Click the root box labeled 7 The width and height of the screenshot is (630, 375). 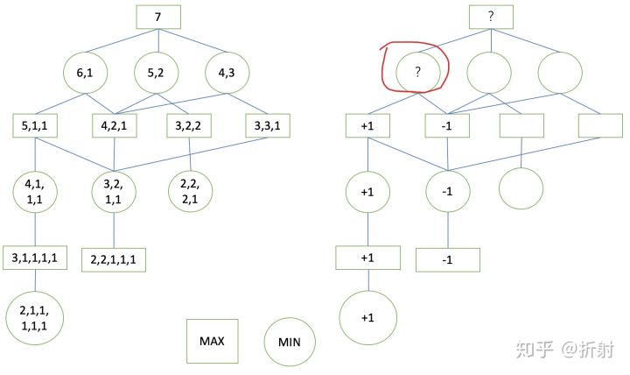[x=158, y=17]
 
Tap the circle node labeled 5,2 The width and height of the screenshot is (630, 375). [x=158, y=74]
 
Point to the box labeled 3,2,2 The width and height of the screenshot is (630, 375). [x=191, y=126]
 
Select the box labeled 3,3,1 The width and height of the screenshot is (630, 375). [x=269, y=126]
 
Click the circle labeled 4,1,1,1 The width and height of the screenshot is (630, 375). [x=35, y=193]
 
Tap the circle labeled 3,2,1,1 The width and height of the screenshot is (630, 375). [x=115, y=193]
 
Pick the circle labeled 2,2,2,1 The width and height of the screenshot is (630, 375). [x=191, y=193]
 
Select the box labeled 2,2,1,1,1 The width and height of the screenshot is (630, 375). [x=115, y=259]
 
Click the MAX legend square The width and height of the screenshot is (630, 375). [x=212, y=341]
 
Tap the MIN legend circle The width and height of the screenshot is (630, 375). [x=290, y=343]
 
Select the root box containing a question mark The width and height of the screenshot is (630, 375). [x=490, y=17]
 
